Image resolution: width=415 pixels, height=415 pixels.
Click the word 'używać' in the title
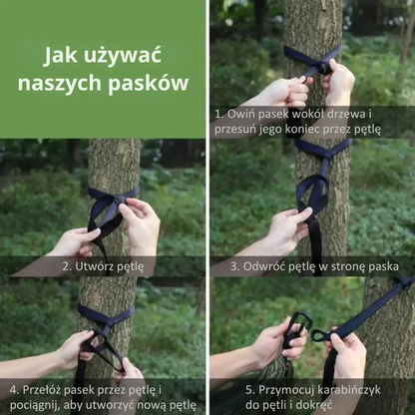tap(122, 56)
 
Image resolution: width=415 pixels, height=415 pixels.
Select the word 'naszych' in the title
tap(60, 83)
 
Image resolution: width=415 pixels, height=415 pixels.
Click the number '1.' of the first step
tap(218, 114)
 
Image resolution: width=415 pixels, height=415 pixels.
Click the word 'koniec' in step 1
tap(303, 129)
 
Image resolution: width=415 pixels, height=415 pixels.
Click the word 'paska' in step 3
tap(382, 267)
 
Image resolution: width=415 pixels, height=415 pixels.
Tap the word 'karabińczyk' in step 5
tap(349, 390)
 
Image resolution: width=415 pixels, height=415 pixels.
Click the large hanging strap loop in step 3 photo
tap(312, 193)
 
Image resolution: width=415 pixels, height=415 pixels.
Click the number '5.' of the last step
tap(249, 390)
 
